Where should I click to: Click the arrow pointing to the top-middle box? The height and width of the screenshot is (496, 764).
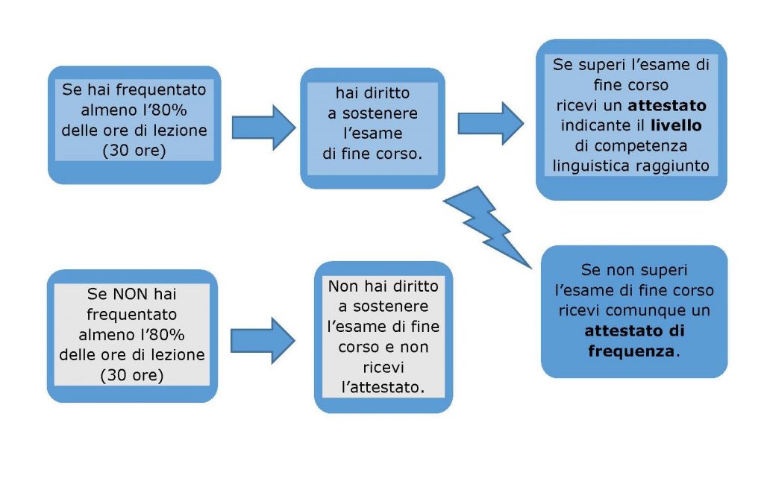(263, 127)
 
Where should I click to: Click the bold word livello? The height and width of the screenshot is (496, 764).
(676, 125)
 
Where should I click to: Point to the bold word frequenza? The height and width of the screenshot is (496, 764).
(630, 349)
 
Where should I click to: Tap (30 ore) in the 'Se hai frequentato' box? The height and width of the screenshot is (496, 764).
(134, 151)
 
